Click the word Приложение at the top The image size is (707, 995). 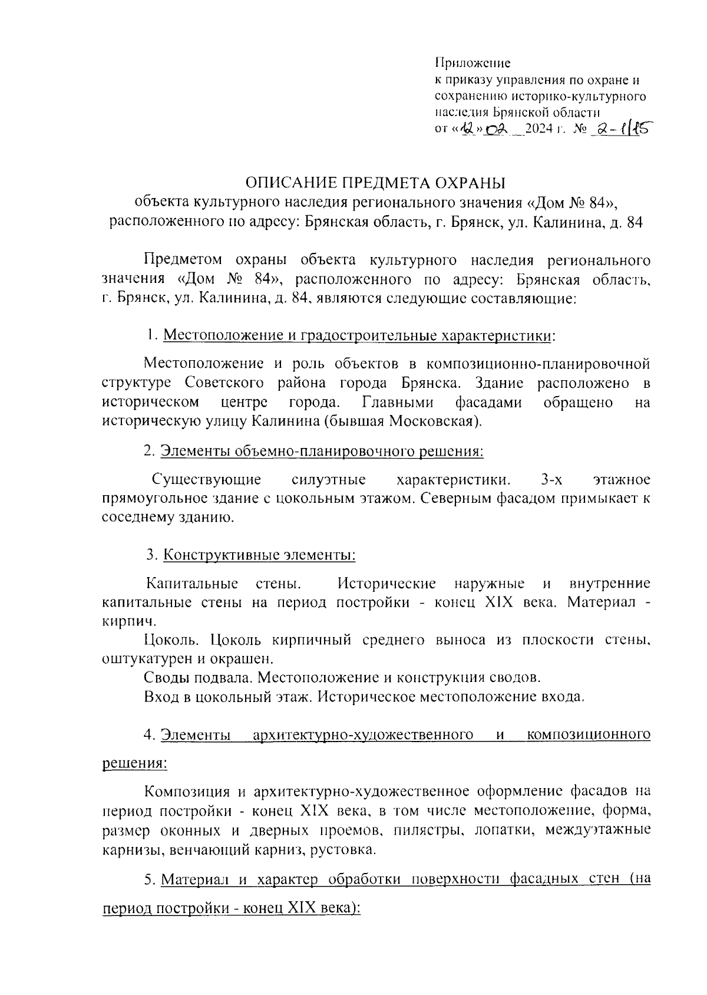pyautogui.click(x=473, y=63)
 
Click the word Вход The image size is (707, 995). pyautogui.click(x=160, y=696)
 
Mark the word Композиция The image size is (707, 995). pyautogui.click(x=190, y=790)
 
